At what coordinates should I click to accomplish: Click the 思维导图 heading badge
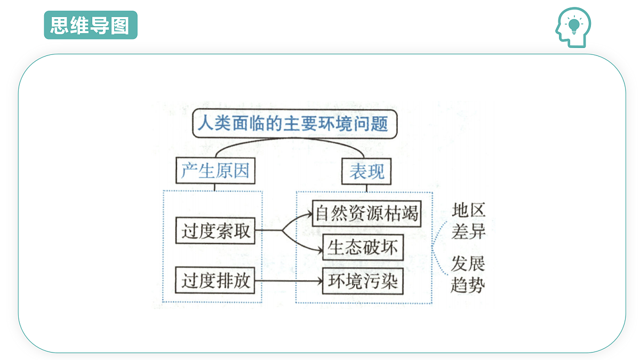(x=91, y=25)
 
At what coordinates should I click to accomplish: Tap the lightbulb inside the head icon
(x=574, y=26)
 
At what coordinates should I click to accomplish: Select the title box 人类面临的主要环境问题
(x=295, y=124)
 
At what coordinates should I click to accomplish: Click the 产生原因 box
(x=215, y=171)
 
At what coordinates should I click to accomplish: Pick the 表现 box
(x=366, y=171)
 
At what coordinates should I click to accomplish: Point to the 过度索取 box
(x=215, y=230)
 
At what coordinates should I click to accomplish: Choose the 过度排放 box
(x=215, y=281)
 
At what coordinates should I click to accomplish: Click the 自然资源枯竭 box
(x=367, y=213)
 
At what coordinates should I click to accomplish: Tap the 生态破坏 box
(x=363, y=247)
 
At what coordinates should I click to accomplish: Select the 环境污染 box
(x=363, y=281)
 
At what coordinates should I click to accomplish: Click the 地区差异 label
(x=469, y=221)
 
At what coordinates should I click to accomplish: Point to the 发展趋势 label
(x=468, y=274)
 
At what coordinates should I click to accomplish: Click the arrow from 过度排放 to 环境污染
(x=289, y=281)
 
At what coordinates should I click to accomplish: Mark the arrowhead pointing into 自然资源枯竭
(x=309, y=214)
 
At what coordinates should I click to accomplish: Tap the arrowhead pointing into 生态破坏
(x=319, y=251)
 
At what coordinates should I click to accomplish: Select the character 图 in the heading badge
(x=120, y=25)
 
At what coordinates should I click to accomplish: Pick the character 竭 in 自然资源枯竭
(x=410, y=213)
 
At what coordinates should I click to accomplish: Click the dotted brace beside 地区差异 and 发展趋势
(x=438, y=248)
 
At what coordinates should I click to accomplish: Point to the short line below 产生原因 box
(x=214, y=187)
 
